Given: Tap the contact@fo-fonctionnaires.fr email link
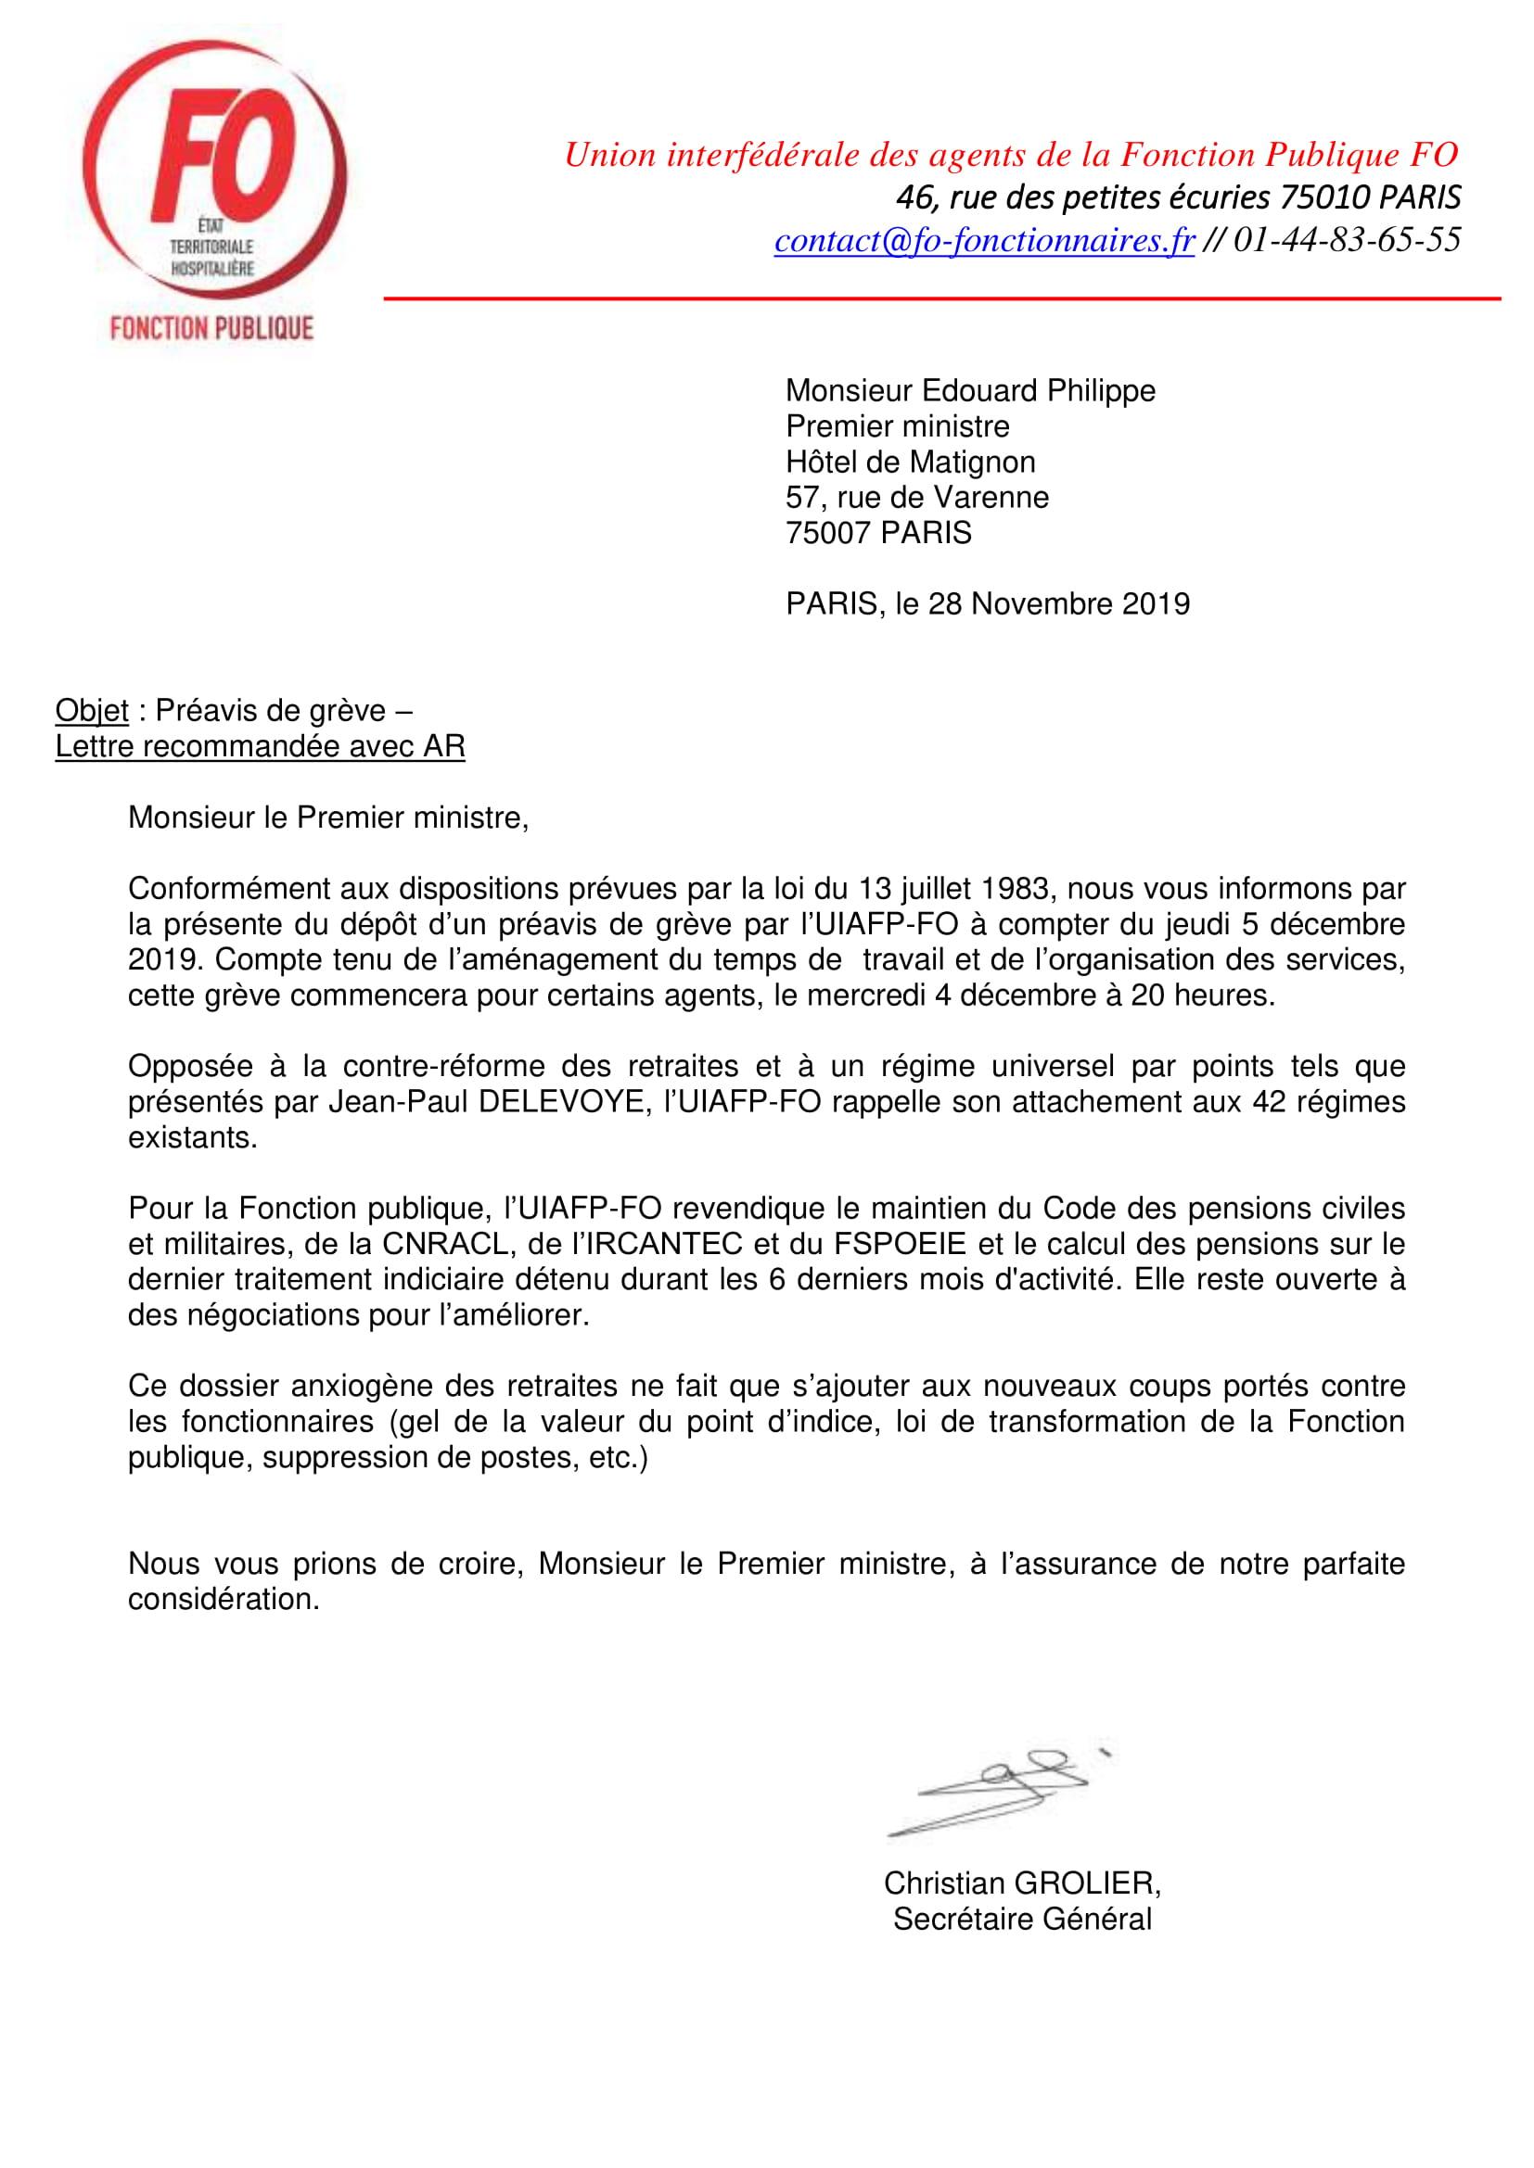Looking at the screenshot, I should click(984, 240).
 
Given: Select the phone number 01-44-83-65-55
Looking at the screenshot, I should click(1347, 240).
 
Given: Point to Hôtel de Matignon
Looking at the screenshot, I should click(911, 462).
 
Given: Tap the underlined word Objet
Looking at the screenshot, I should click(92, 709).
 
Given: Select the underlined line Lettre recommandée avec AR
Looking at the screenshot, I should click(260, 746).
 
